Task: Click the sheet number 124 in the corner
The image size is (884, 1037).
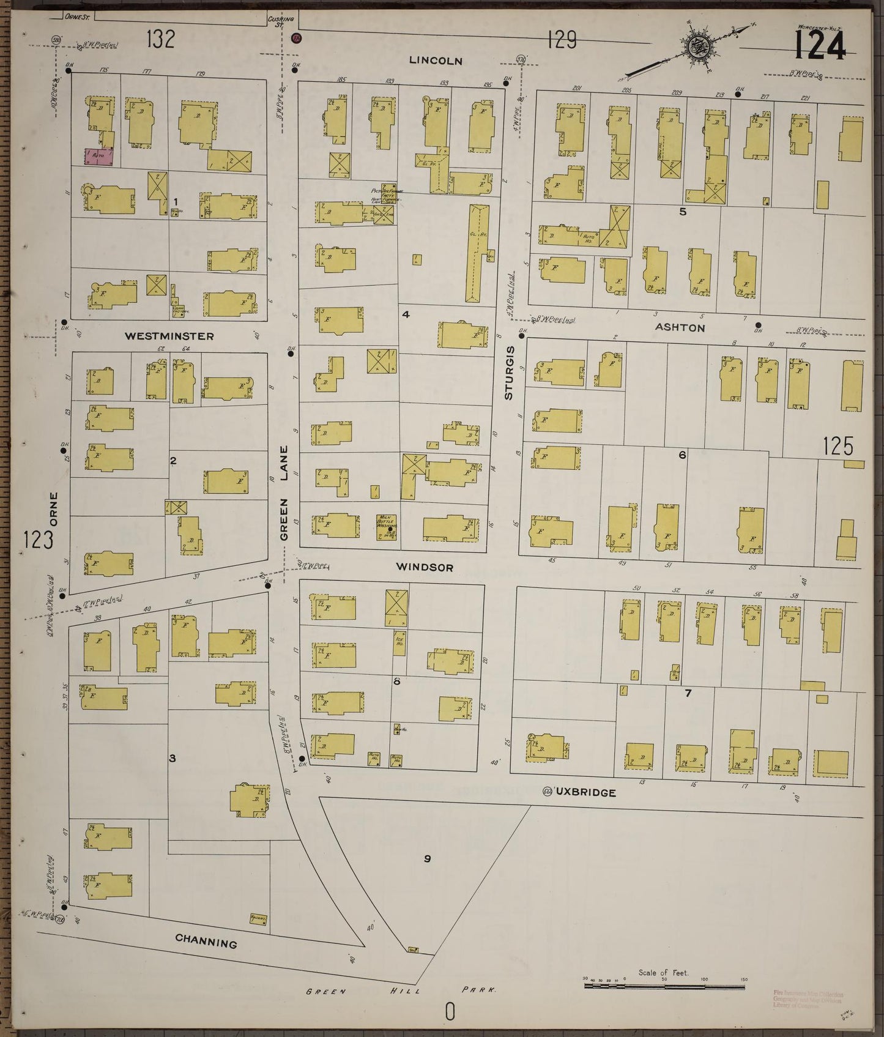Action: [820, 45]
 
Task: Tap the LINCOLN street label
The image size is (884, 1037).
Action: [436, 61]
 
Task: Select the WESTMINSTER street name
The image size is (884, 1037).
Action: [169, 336]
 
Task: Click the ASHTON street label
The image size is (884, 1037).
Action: [680, 327]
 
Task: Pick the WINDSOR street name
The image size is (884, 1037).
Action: [425, 567]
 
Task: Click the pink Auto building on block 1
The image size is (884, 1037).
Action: [98, 156]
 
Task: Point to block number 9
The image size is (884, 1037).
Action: [427, 859]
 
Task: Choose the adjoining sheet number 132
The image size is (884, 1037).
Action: [160, 40]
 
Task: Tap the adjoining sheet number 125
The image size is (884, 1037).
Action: [838, 447]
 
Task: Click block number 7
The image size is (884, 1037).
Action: [688, 693]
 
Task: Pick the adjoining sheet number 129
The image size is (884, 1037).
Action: [562, 40]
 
